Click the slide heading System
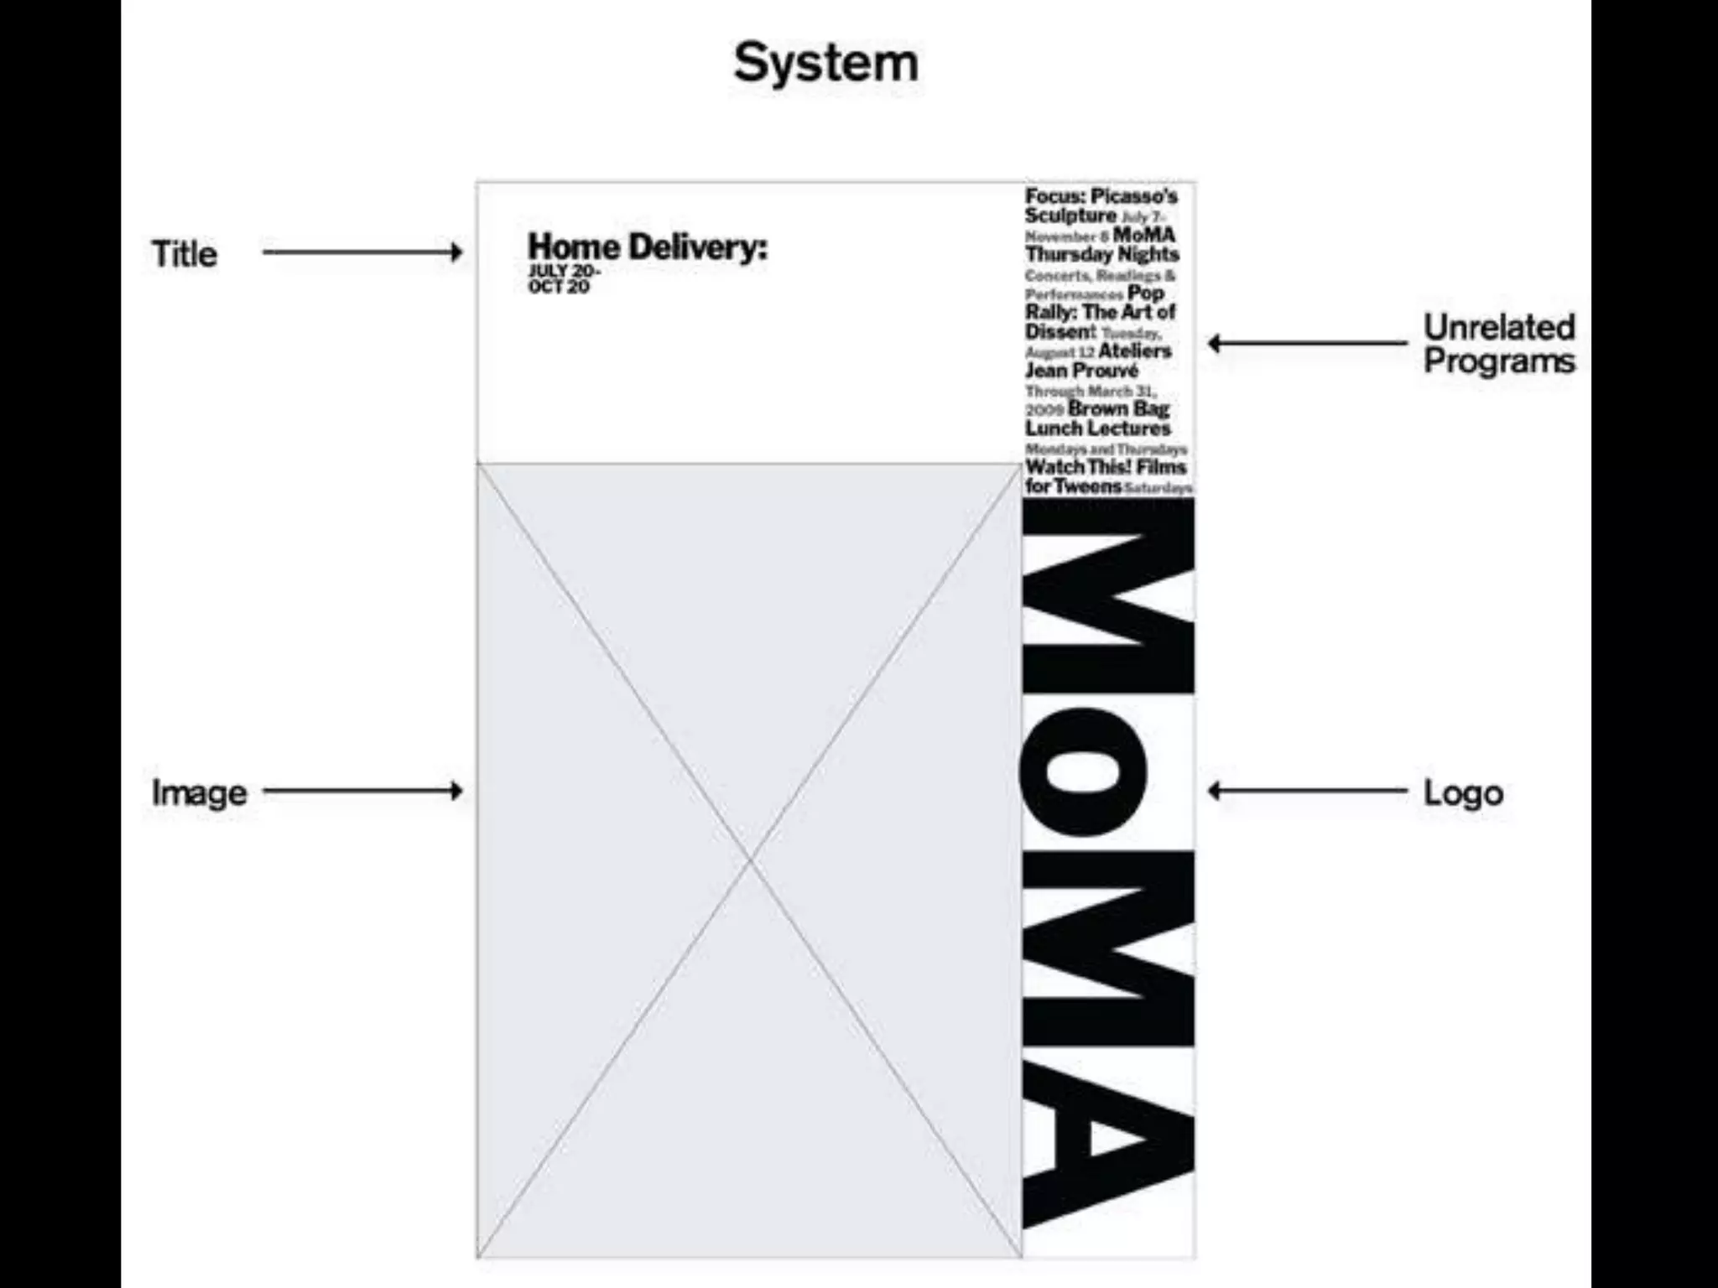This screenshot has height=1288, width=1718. tap(826, 63)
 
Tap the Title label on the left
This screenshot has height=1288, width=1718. tap(184, 253)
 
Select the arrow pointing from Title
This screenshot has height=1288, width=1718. tap(362, 252)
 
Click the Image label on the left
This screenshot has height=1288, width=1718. tap(199, 792)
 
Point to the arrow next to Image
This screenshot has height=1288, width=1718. tap(362, 791)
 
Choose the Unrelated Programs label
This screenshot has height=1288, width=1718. tap(1499, 344)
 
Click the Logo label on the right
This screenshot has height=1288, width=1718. tap(1463, 792)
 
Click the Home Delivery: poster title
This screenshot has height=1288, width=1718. tap(647, 247)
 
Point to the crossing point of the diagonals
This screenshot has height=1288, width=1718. tap(750, 860)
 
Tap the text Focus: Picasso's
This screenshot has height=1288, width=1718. tap(1101, 196)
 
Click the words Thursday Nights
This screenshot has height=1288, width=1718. tap(1101, 254)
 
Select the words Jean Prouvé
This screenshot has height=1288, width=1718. tap(1081, 371)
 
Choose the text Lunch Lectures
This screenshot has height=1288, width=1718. tap(1097, 428)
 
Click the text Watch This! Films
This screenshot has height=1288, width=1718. tap(1106, 467)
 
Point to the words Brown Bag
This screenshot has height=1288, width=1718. tap(1118, 409)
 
